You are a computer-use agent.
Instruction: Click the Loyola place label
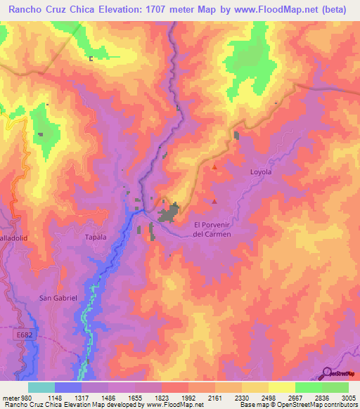pyautogui.click(x=260, y=171)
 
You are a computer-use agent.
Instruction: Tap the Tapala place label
pyautogui.click(x=95, y=237)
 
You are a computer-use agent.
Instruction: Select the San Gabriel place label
pyautogui.click(x=58, y=298)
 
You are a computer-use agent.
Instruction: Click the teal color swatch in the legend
pyautogui.click(x=41, y=387)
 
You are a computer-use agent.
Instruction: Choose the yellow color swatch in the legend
pyautogui.click(x=281, y=387)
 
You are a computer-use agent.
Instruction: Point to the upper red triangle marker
pyautogui.click(x=214, y=168)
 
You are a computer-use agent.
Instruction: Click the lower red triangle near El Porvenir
pyautogui.click(x=214, y=202)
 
